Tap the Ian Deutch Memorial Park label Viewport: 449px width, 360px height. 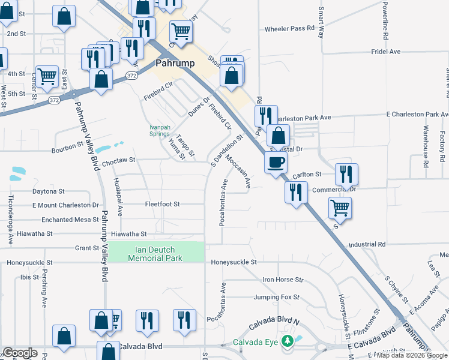click(x=155, y=253)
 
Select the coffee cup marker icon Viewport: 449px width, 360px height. click(x=276, y=161)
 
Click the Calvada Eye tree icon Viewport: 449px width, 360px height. click(x=288, y=341)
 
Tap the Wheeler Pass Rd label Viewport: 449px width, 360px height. click(x=290, y=28)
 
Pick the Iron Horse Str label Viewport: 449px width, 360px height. click(x=283, y=280)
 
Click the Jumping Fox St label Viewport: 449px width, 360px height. click(x=276, y=297)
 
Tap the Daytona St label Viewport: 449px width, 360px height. click(x=49, y=191)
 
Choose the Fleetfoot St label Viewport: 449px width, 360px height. click(x=162, y=204)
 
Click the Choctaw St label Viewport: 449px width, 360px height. click(x=119, y=161)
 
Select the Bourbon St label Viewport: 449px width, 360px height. click(x=67, y=145)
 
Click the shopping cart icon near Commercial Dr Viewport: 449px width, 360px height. click(x=340, y=208)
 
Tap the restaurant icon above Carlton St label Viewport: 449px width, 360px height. click(x=346, y=174)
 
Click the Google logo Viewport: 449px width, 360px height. click(x=20, y=353)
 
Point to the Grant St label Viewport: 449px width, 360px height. click(x=87, y=248)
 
